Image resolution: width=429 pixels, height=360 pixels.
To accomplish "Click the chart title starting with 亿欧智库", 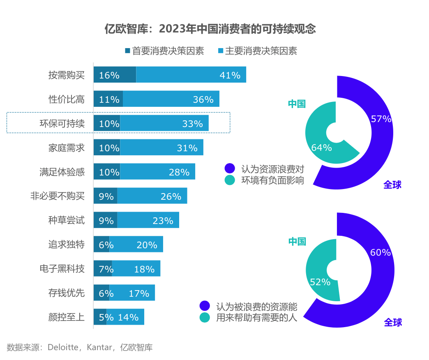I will [x=210, y=29].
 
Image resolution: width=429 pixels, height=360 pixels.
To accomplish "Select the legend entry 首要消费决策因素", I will [x=164, y=51].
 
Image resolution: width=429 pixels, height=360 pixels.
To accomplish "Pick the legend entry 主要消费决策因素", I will [x=257, y=51].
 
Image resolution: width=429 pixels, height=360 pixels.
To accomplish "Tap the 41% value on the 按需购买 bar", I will [x=230, y=75].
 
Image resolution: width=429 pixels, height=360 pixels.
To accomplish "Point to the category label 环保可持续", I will [x=62, y=124].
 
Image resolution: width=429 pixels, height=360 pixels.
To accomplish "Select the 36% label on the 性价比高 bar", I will [x=203, y=99].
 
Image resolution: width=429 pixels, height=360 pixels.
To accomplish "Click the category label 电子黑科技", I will [x=62, y=269].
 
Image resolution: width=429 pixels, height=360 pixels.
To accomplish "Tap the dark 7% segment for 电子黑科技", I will [x=103, y=269].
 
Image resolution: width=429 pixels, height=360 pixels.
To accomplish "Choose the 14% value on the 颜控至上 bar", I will [x=128, y=317].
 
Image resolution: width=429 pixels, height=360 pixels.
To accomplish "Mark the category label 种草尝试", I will [x=67, y=220].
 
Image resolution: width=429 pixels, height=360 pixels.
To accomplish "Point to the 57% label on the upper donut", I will [x=381, y=119].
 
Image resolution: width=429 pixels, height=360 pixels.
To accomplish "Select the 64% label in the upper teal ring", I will [x=321, y=148].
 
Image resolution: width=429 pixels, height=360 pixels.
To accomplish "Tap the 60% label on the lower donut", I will [x=381, y=252].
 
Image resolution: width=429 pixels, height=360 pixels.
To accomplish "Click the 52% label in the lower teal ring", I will [x=320, y=282].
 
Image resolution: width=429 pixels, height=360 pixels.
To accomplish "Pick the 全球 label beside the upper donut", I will [x=392, y=185].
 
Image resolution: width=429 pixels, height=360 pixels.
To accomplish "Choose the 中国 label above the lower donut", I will [x=297, y=241].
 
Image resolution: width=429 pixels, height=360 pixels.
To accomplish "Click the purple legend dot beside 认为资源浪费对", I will [x=230, y=168].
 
